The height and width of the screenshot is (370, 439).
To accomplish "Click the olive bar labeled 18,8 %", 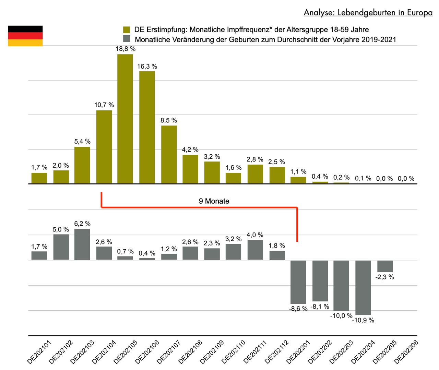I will pos(125,119).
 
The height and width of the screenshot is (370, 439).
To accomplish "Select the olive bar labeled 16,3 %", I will pos(147,127).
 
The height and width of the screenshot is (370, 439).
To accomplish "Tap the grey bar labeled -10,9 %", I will pos(363,287).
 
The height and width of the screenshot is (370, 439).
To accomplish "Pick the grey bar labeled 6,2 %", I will pos(82,244).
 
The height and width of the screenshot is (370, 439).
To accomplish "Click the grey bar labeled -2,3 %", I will pos(385,266).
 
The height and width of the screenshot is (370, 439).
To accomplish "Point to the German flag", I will pos(25,36).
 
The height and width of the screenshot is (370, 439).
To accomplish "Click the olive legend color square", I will pos(127,29).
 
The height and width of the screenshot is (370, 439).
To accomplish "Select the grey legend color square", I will pos(127,39).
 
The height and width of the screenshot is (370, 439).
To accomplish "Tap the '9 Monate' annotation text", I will pos(214,201).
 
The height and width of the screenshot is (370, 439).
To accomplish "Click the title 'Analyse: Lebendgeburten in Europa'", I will pos(368,13).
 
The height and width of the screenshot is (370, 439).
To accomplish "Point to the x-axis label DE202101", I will pos(39,352).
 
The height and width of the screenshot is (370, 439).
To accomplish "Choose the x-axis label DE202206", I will pos(406,352).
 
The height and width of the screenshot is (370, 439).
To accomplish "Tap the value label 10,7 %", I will pos(104,105).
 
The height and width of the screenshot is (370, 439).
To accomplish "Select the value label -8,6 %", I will pos(298,309).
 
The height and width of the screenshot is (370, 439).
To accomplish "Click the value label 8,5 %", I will pos(169,120).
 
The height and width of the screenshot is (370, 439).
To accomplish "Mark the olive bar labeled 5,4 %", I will pos(82,165).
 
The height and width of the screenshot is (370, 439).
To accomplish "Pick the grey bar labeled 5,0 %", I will pos(61,247).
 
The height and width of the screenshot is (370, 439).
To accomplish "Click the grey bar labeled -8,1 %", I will pos(320,281).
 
